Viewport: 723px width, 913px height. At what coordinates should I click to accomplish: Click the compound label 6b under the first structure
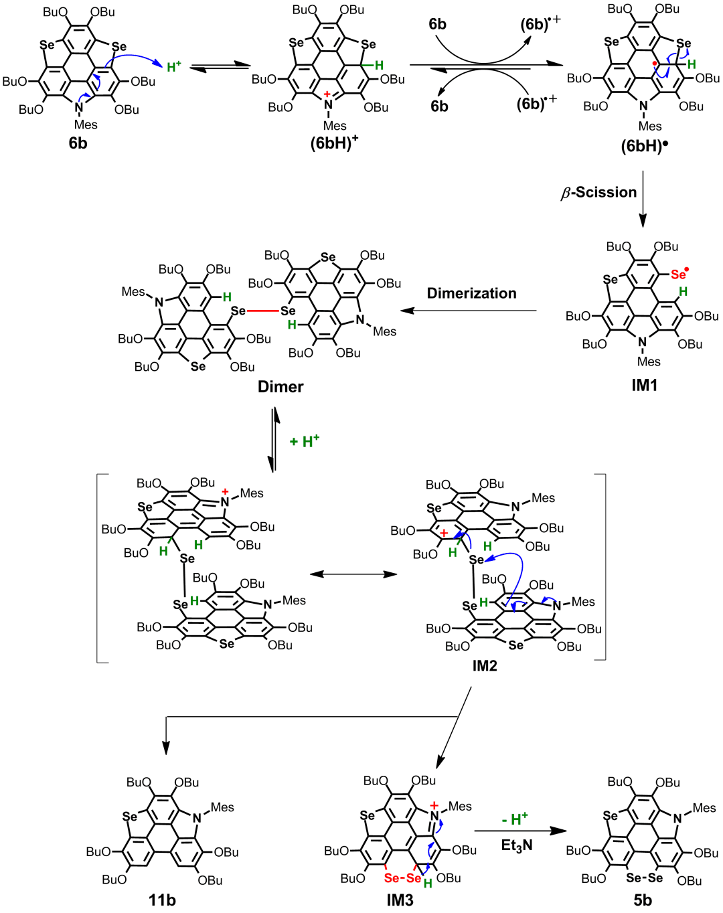(78, 143)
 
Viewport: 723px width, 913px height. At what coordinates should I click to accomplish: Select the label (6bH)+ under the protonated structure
(332, 143)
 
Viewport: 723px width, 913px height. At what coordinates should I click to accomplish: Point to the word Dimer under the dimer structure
(280, 386)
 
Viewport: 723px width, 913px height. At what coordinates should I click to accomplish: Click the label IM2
(484, 665)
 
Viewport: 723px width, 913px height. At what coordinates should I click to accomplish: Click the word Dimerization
(472, 293)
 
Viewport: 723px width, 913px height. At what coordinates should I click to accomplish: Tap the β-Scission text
(598, 193)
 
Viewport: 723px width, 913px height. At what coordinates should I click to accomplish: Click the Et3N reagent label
(517, 845)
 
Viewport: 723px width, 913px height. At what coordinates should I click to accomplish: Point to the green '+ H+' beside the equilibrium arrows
(305, 442)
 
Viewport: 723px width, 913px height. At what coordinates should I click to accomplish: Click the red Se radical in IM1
(679, 274)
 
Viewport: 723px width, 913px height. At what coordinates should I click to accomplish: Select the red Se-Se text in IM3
(403, 878)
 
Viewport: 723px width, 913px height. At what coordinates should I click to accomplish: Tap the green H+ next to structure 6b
(173, 67)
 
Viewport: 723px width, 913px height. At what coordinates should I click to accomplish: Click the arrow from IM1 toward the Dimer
(469, 311)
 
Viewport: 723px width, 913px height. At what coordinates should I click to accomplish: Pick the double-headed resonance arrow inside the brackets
(353, 574)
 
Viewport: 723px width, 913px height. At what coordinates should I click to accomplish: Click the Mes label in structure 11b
(222, 807)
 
